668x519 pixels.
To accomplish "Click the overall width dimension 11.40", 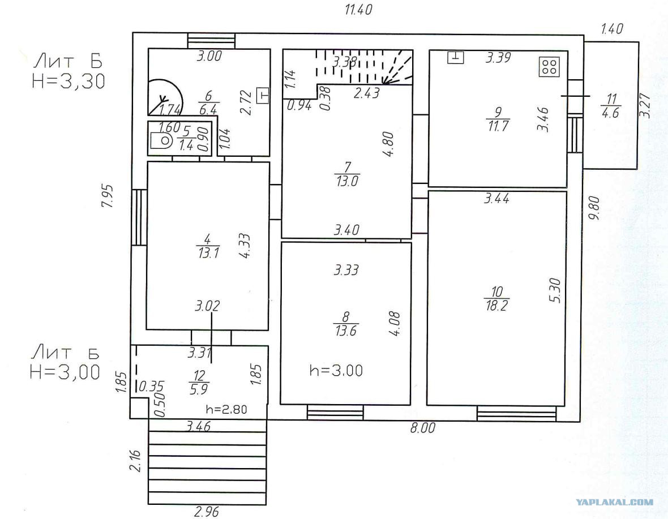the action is [358, 10].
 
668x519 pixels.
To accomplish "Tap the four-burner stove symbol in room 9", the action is [549, 66].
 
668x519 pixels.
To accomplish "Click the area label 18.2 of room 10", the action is [496, 305].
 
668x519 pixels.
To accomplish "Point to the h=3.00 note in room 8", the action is [336, 370].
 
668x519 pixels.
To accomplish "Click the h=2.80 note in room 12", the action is [226, 410].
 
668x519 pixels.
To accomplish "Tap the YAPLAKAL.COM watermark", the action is [614, 503].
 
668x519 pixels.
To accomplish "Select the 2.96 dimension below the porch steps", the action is [207, 511].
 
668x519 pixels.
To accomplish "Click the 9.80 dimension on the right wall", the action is [594, 208].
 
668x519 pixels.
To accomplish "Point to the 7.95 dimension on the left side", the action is [108, 196].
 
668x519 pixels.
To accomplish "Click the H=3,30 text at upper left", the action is [68, 81].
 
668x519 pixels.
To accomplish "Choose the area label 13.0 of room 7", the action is [347, 181].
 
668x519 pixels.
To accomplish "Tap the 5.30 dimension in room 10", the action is [555, 290].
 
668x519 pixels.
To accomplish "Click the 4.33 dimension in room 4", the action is [245, 246].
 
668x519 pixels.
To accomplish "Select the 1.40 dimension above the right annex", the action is [612, 29].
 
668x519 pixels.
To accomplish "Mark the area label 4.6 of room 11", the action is [610, 113].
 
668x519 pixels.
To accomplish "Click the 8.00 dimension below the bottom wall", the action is [423, 428].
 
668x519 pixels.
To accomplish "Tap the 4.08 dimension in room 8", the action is [395, 324].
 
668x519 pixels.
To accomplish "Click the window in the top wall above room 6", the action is [211, 41].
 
